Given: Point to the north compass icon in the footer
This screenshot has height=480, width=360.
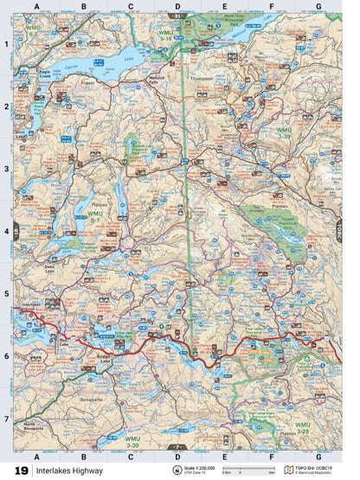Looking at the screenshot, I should pyautogui.click(x=178, y=471).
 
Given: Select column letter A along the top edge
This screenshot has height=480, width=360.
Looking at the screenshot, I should pyautogui.click(x=36, y=7).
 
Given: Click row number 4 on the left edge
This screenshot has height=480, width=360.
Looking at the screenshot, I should pyautogui.click(x=6, y=232).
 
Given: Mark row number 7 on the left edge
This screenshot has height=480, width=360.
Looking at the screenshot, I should pyautogui.click(x=6, y=419).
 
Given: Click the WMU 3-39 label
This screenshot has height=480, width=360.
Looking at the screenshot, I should pyautogui.click(x=285, y=131).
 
